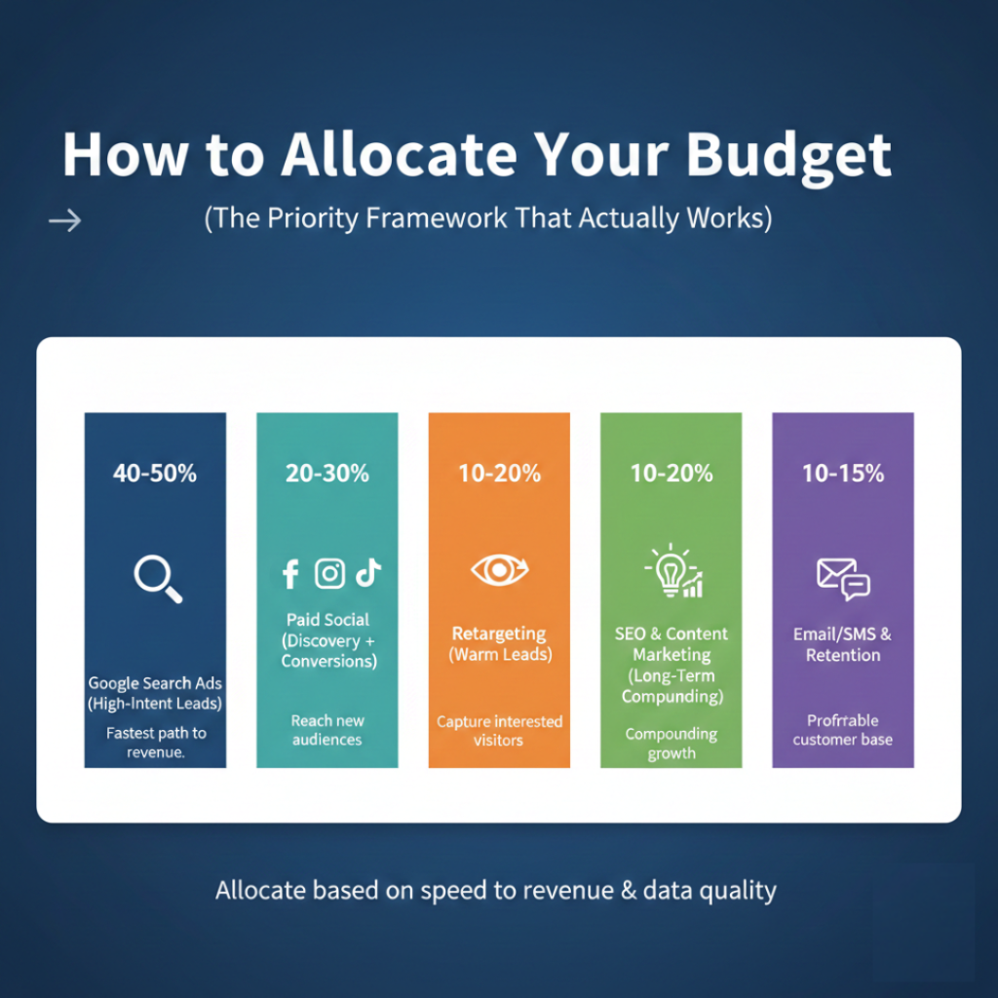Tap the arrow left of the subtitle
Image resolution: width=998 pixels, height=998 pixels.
(65, 222)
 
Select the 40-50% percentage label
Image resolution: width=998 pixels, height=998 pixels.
(155, 474)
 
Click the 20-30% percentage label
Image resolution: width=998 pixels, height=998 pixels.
(327, 474)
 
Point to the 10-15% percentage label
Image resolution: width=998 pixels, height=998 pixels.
(843, 474)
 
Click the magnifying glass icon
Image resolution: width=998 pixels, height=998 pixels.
(157, 577)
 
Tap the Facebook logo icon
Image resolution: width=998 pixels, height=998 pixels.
(290, 574)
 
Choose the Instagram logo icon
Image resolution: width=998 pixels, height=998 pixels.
(330, 574)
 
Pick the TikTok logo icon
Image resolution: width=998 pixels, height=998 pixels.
(367, 573)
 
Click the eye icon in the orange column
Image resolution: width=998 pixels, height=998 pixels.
(499, 570)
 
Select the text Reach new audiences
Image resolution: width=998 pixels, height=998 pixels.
(327, 730)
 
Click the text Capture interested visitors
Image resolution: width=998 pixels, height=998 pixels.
(499, 731)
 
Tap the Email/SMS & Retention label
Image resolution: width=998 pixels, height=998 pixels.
(843, 644)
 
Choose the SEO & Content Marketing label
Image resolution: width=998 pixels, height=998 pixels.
(672, 644)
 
